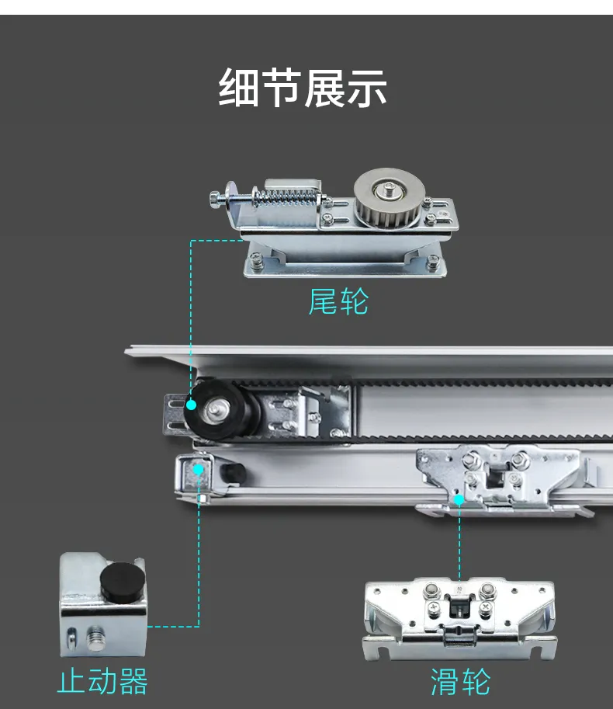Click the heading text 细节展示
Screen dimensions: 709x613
click(x=303, y=88)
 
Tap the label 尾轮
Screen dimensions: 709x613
click(x=338, y=301)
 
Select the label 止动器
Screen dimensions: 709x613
click(x=102, y=681)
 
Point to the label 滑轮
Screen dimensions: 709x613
click(x=460, y=682)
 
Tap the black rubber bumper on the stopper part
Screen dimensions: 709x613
click(x=123, y=579)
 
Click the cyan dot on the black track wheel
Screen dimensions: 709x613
click(x=191, y=404)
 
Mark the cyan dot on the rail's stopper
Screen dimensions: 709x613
click(x=199, y=469)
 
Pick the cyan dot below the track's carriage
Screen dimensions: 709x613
click(x=459, y=500)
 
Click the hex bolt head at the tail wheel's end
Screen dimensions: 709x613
click(x=216, y=200)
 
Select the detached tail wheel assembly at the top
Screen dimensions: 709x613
click(x=342, y=225)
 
